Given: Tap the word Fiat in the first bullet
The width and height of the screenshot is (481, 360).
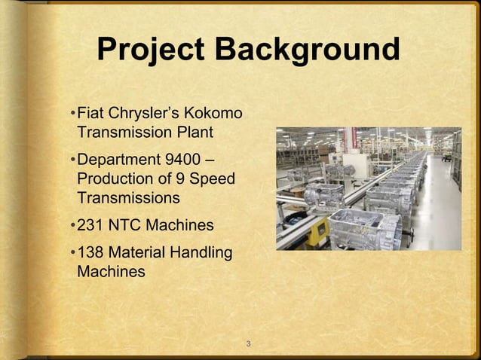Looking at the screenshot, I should tap(90, 114).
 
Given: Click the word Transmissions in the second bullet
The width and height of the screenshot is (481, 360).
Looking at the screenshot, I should tap(128, 198).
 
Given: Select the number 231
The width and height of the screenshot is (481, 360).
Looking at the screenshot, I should tap(91, 225).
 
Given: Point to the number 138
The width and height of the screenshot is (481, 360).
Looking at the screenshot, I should tap(91, 252).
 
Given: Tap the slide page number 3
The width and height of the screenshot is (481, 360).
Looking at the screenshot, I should tap(248, 344).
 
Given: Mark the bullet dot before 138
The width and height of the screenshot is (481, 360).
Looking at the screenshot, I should tap(72, 253).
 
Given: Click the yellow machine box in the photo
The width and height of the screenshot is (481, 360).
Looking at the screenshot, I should tap(317, 230).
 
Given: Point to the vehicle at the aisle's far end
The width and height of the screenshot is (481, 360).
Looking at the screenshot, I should tap(447, 158).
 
